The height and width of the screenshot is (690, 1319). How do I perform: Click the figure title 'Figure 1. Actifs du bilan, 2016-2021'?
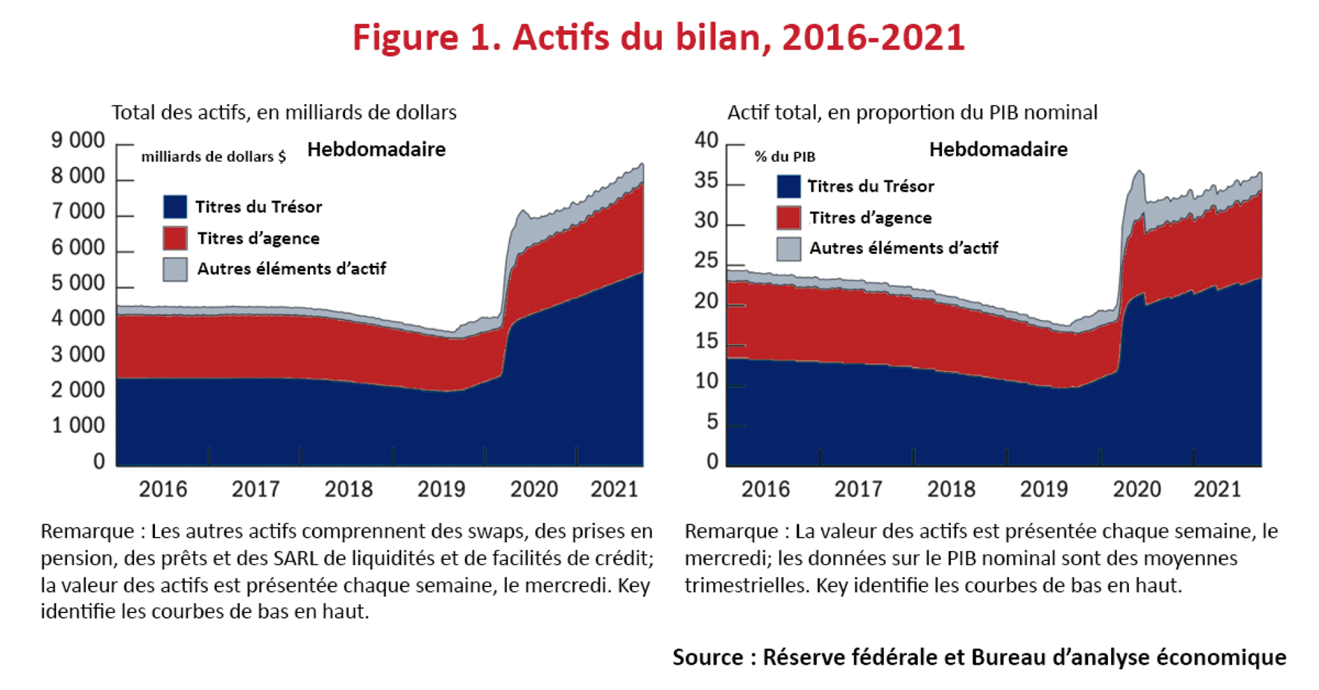(x=659, y=37)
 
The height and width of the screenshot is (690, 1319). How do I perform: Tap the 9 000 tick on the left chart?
(x=78, y=140)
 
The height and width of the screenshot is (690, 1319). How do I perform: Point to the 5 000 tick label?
(x=78, y=283)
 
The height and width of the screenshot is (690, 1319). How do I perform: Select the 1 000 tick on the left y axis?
(x=78, y=425)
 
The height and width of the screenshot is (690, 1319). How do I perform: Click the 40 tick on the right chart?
(x=706, y=140)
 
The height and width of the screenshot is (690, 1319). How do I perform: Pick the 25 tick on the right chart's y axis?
(x=706, y=261)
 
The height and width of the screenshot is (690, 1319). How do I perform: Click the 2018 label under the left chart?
(x=348, y=489)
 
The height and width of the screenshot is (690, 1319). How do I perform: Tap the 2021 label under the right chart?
(x=1217, y=489)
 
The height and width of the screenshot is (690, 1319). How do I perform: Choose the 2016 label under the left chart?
(x=163, y=489)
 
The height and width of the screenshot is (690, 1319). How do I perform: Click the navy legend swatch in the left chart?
(x=175, y=207)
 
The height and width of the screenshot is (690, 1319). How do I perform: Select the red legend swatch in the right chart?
(x=789, y=218)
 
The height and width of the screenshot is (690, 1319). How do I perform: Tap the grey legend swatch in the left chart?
(x=175, y=269)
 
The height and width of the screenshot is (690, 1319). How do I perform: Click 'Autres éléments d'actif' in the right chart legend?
(x=903, y=248)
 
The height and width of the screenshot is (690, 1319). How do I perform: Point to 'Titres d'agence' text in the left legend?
(x=258, y=238)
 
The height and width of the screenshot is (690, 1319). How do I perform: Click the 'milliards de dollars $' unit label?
(x=213, y=157)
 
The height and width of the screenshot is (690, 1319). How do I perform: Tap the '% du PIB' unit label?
(x=784, y=157)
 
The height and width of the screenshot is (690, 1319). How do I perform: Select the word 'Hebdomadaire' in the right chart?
(x=998, y=150)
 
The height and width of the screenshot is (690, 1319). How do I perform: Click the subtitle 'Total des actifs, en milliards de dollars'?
(x=284, y=113)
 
